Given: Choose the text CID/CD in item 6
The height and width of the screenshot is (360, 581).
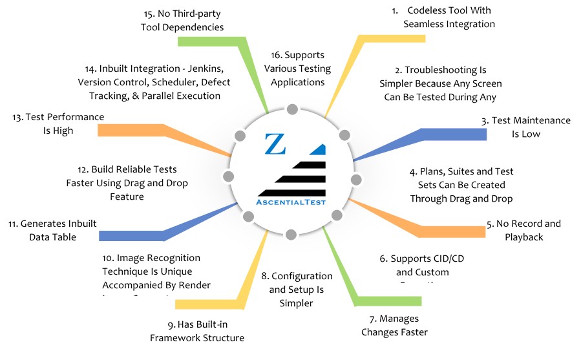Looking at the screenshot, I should (425, 259).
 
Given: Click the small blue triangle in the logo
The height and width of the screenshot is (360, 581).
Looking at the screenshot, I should (317, 149).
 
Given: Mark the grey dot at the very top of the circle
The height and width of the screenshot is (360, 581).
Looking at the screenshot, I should (292, 109).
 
